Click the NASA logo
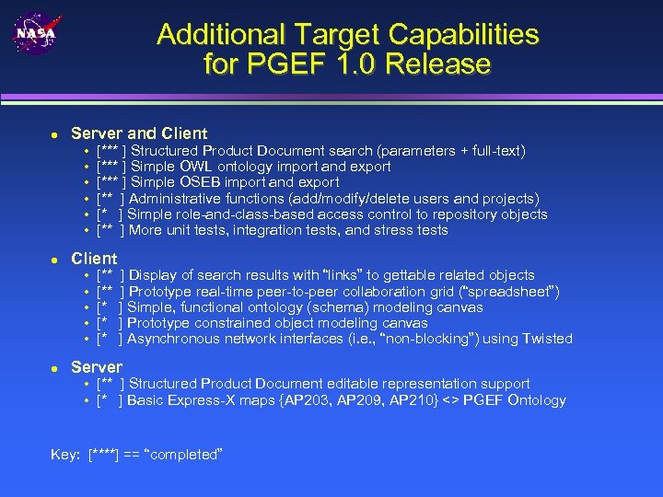click(34, 34)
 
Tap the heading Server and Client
click(139, 133)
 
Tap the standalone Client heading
click(94, 259)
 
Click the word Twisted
click(548, 339)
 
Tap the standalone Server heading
click(97, 367)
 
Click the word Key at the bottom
click(67, 455)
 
